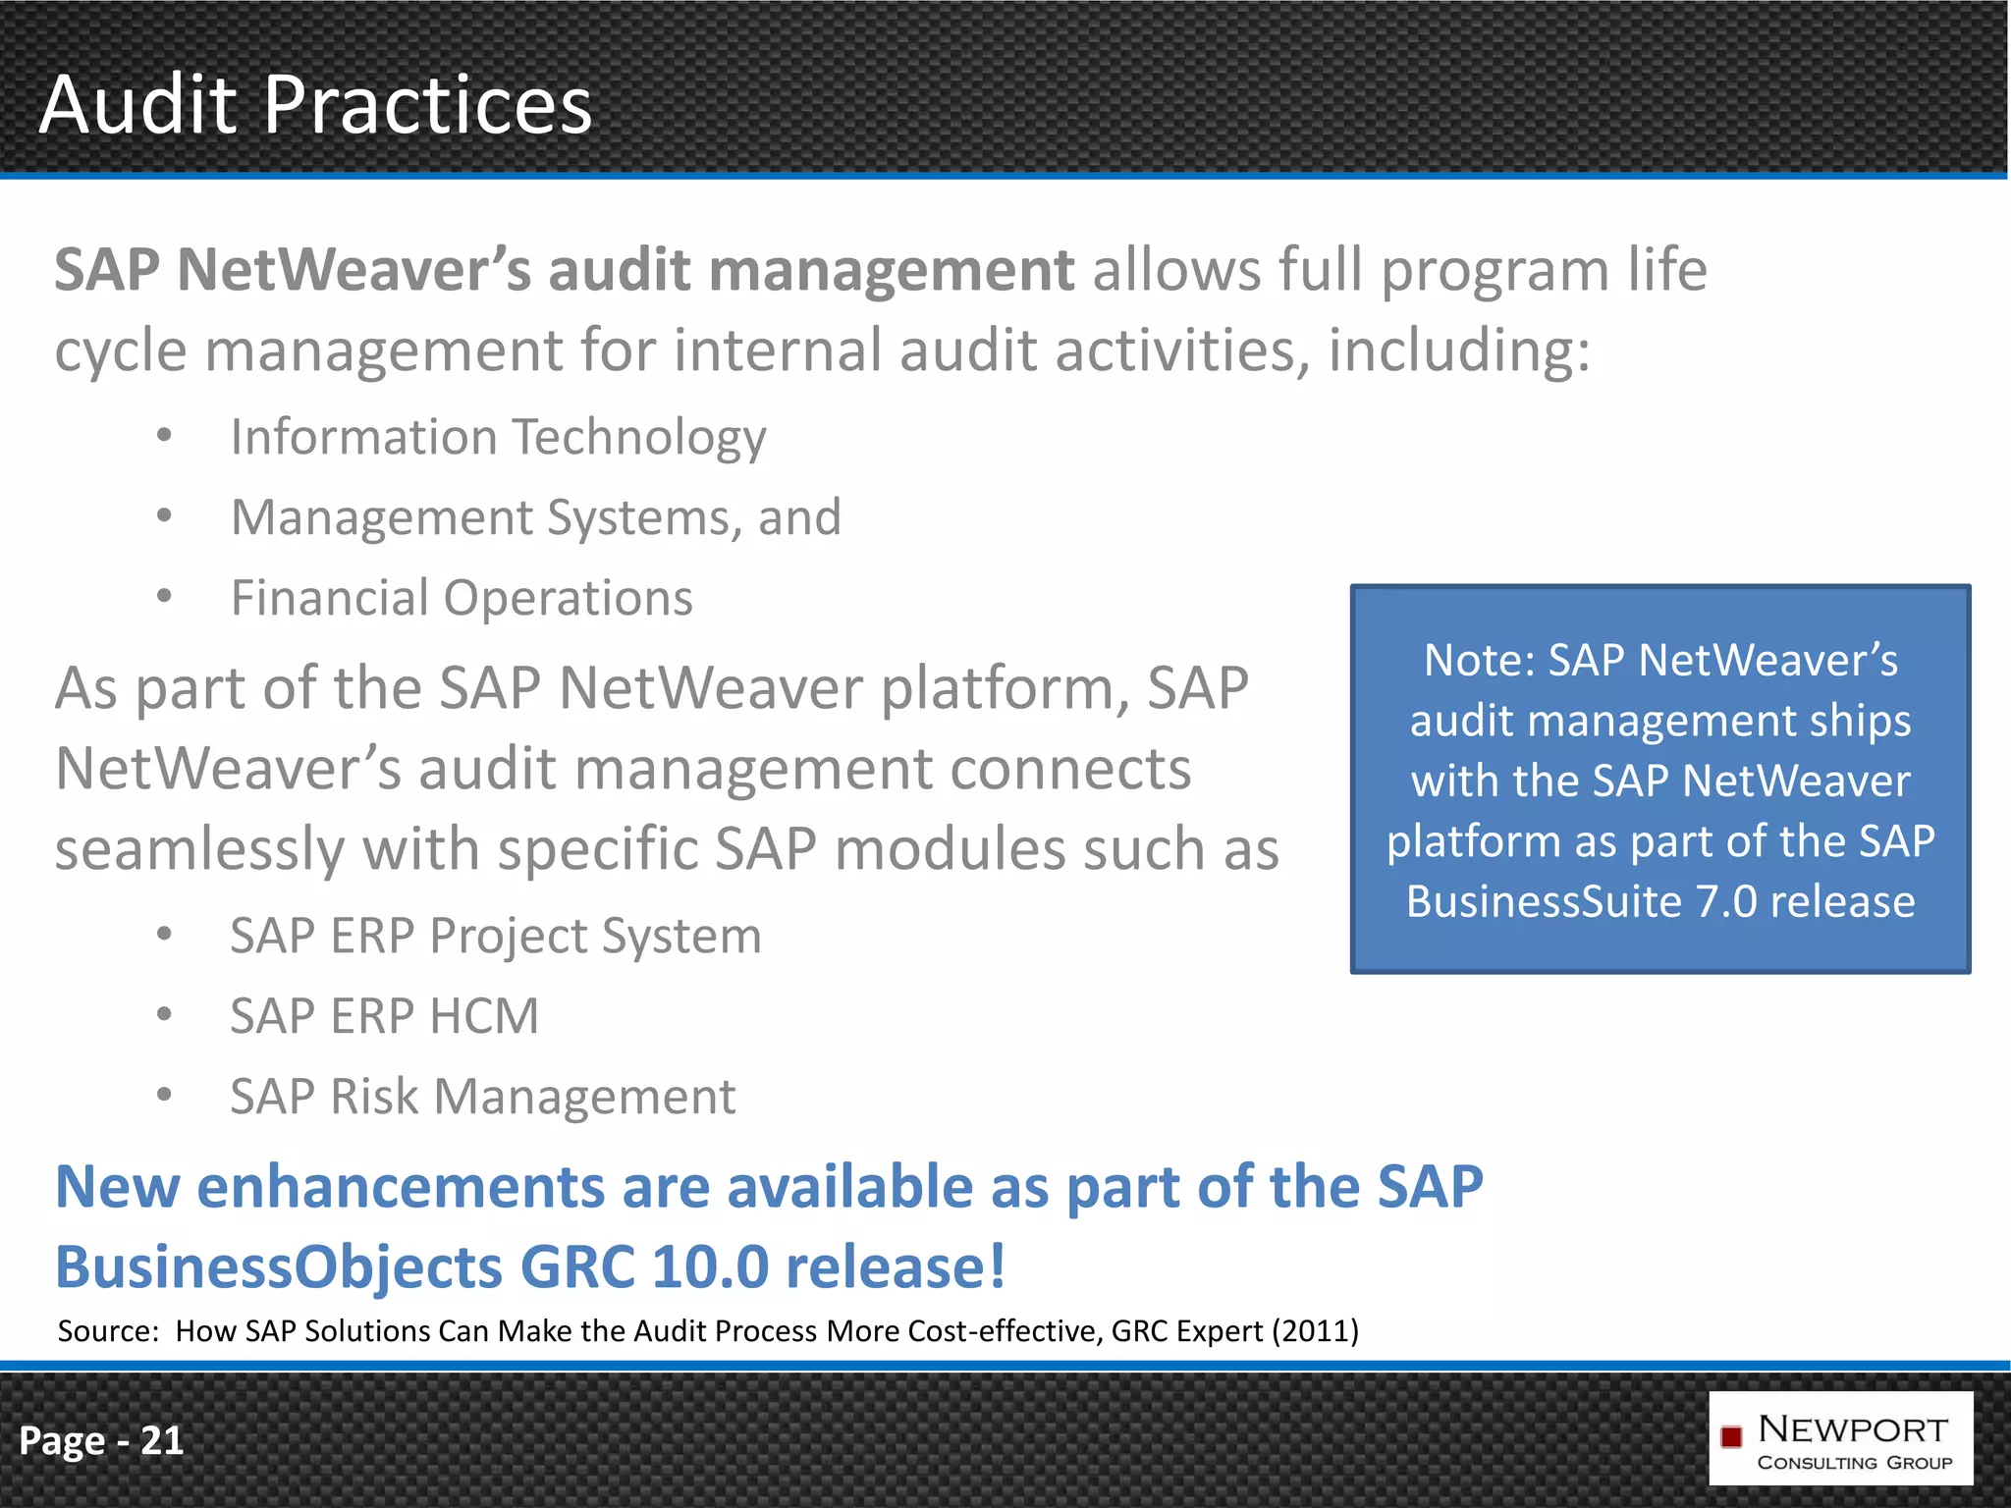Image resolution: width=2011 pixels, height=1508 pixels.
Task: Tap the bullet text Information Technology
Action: click(x=498, y=437)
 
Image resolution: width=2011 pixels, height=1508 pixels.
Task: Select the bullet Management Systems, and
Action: click(x=535, y=517)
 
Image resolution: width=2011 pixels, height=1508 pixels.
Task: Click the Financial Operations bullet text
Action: click(x=462, y=598)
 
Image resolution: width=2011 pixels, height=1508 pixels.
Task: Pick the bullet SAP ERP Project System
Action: click(x=495, y=936)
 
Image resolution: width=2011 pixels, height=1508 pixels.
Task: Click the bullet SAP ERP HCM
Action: click(x=384, y=1016)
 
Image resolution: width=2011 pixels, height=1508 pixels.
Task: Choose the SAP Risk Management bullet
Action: click(x=482, y=1097)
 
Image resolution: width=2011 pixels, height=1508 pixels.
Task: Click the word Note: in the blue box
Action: click(x=1479, y=660)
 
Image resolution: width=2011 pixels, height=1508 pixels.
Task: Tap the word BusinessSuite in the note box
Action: click(x=1544, y=901)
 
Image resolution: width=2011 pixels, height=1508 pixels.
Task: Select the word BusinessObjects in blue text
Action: click(x=279, y=1266)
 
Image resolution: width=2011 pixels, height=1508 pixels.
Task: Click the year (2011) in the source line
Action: click(x=1315, y=1331)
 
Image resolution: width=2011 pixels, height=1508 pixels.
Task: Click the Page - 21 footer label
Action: click(x=101, y=1440)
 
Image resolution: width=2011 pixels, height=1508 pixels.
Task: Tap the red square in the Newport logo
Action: click(x=1731, y=1436)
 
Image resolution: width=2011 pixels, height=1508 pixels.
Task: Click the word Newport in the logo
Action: click(x=1852, y=1428)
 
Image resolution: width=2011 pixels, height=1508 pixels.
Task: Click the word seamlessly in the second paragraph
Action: click(x=199, y=849)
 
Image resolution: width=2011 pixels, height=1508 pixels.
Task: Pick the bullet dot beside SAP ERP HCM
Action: click(x=164, y=1014)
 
